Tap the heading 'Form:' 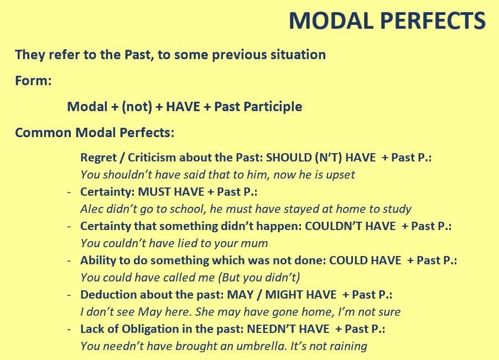tap(33, 81)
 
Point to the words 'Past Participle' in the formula tap(258, 107)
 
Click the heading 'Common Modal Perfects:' tap(95, 133)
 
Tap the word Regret tap(100, 158)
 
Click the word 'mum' tap(256, 243)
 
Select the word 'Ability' tap(98, 260)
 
